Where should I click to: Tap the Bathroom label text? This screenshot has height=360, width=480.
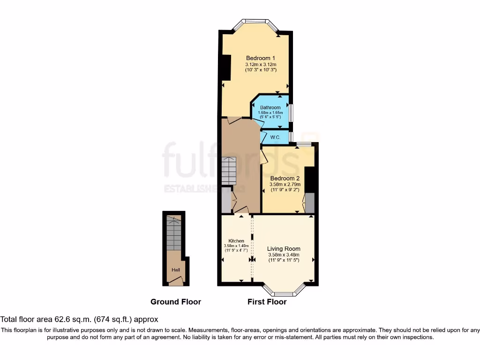(270, 107)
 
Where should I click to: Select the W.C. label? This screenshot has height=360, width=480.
(275, 137)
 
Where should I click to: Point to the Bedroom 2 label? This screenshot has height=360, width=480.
(285, 178)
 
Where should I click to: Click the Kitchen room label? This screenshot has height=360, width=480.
(236, 241)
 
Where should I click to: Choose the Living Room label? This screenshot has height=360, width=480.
(284, 248)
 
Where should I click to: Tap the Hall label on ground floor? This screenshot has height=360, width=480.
(176, 270)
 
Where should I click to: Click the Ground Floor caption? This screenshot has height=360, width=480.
(176, 302)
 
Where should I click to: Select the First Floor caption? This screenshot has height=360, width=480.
(267, 302)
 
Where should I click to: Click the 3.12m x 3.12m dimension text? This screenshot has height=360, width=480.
(261, 64)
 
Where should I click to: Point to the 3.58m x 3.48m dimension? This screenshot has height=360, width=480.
(284, 255)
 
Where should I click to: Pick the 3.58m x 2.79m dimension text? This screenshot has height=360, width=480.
(285, 184)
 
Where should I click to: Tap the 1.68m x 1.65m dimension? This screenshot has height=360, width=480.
(270, 112)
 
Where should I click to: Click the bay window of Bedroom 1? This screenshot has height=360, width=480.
(256, 21)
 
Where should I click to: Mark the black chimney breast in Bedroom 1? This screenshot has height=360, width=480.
(226, 68)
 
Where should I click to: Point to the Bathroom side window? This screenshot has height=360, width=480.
(291, 112)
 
